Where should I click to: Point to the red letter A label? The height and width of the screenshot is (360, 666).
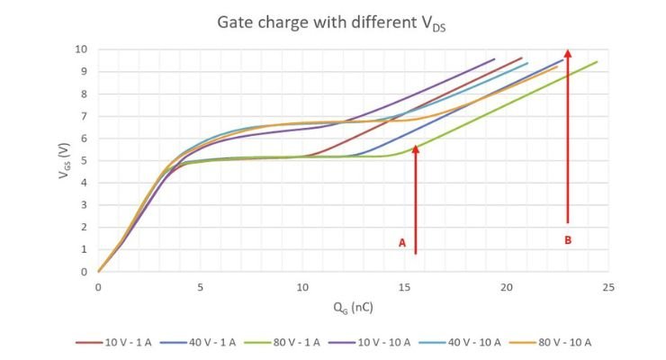(x=402, y=243)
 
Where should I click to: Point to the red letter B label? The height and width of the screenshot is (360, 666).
(x=568, y=240)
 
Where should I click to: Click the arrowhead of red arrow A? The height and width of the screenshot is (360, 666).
(x=416, y=149)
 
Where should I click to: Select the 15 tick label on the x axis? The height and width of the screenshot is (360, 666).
(x=404, y=286)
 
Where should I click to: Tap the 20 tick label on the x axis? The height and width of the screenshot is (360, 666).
(x=506, y=286)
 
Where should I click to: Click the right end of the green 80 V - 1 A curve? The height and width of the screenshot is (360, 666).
(x=597, y=62)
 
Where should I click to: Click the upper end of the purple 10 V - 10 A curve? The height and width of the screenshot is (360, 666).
(x=494, y=59)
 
